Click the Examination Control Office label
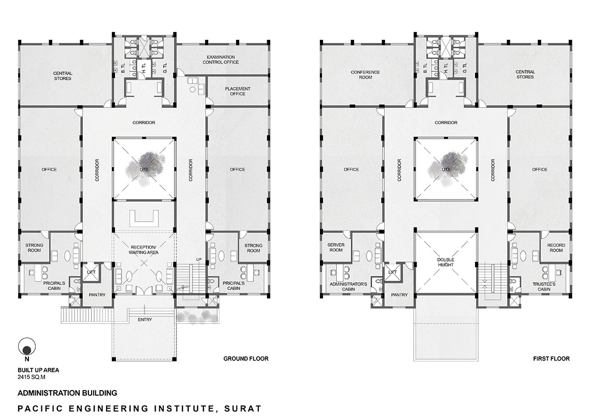pyautogui.click(x=221, y=60)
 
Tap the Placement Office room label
pyautogui.click(x=238, y=91)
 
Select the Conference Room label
pyautogui.click(x=365, y=75)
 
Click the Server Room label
pyautogui.click(x=336, y=248)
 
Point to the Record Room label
pyautogui.click(x=556, y=248)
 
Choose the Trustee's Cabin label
pyautogui.click(x=544, y=286)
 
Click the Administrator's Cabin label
pyautogui.click(x=348, y=286)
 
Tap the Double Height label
pyautogui.click(x=446, y=262)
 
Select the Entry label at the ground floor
pyautogui.click(x=145, y=320)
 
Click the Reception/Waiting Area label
pyautogui.click(x=144, y=250)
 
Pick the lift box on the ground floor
pyautogui.click(x=92, y=272)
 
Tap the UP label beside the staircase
pyautogui.click(x=199, y=260)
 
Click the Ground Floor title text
pyautogui.click(x=246, y=358)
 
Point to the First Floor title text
pyautogui.click(x=551, y=358)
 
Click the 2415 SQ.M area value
pyautogui.click(x=32, y=377)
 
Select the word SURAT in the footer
pyautogui.click(x=243, y=409)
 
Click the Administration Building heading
pyautogui.click(x=67, y=393)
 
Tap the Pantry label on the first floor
pyautogui.click(x=399, y=295)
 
